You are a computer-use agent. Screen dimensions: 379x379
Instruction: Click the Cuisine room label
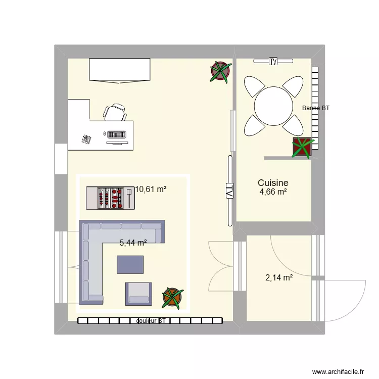[273, 183]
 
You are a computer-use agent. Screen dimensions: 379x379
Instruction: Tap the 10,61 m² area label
[151, 189]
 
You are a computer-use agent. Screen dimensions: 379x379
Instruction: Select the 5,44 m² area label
[133, 243]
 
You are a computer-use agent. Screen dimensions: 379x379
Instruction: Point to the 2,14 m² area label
[279, 277]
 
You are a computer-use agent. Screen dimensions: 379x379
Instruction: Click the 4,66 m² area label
[273, 193]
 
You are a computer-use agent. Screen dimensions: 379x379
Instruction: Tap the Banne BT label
[315, 108]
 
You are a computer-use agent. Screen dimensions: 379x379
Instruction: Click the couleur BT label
[151, 321]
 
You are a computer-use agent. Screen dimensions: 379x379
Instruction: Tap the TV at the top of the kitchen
[273, 62]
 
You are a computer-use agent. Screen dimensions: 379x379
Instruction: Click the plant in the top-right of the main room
[220, 71]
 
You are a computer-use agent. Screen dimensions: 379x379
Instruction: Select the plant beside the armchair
[172, 298]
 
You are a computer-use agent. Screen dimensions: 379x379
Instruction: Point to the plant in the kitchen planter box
[302, 147]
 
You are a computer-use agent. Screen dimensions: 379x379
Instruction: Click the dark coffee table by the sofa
[130, 264]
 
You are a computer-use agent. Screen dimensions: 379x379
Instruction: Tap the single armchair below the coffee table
[138, 294]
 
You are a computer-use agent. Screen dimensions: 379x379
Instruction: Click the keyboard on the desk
[116, 134]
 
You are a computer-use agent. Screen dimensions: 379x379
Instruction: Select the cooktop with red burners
[111, 198]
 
